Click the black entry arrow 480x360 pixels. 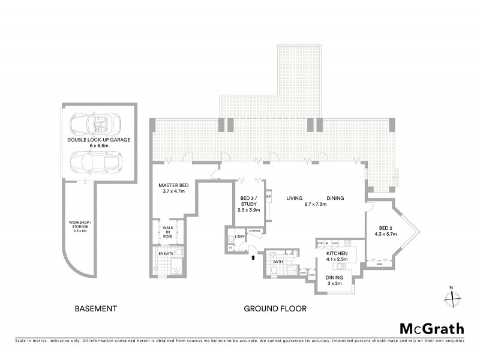(x=252, y=259)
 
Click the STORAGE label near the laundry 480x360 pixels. (x=254, y=230)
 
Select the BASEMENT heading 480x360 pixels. (x=95, y=309)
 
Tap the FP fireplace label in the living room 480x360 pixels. (x=268, y=196)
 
